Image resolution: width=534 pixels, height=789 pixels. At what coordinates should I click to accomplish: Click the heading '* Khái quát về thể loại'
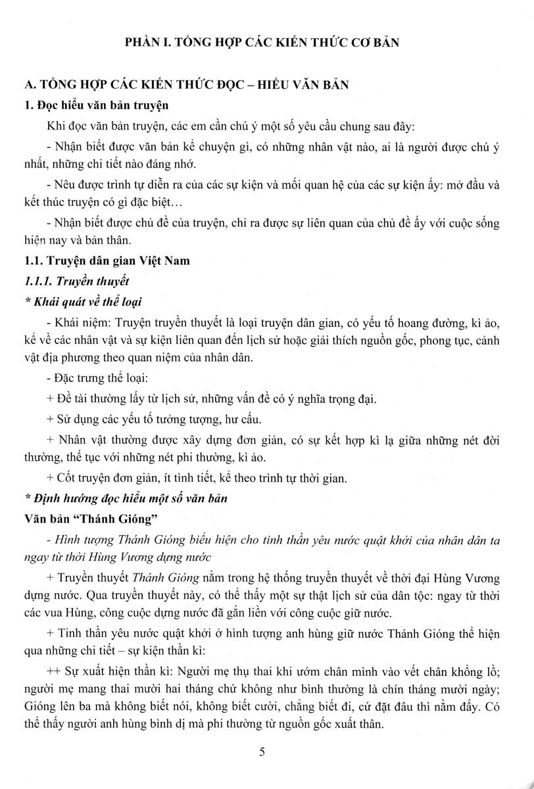coord(82,302)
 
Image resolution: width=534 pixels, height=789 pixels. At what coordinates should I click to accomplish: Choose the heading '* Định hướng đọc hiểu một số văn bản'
coord(125,498)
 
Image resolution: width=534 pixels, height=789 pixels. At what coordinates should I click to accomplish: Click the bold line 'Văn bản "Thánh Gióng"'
coord(88,519)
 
